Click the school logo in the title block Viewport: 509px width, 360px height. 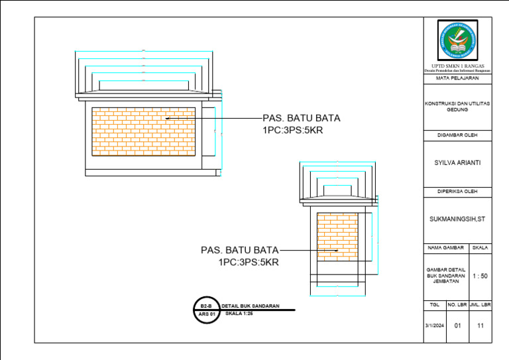457,41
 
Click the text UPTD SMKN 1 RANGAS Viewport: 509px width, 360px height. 457,66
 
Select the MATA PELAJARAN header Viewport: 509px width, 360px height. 457,78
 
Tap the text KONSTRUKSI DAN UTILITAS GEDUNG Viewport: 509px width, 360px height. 457,107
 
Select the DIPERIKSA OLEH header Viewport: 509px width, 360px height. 457,192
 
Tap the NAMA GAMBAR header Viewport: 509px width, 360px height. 445,247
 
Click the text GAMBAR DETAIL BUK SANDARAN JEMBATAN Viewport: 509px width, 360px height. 445,276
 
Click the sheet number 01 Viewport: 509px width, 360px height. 457,326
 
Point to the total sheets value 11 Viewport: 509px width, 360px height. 481,326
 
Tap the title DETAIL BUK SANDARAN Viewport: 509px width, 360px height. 250,306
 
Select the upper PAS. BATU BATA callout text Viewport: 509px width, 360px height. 301,118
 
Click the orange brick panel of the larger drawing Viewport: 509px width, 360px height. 143,131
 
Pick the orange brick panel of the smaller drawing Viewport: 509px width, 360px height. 337,235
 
